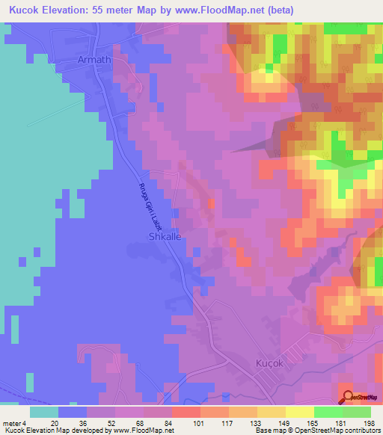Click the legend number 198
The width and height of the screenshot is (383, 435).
coord(368,423)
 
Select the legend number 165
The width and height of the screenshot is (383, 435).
coord(313,423)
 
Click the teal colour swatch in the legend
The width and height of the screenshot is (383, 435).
coord(44,412)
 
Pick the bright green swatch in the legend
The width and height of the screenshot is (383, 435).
coord(328,412)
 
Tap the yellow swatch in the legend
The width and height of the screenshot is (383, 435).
coord(299,412)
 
